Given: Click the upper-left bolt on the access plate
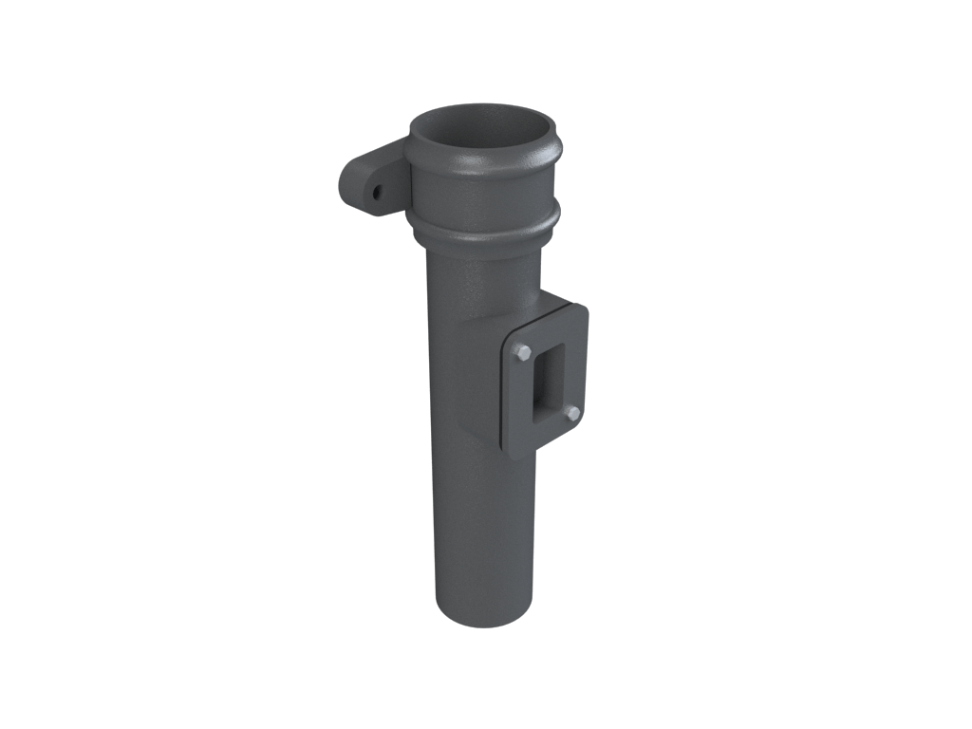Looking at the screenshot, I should (522, 353).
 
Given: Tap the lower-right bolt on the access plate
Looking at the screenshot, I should (572, 413).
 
